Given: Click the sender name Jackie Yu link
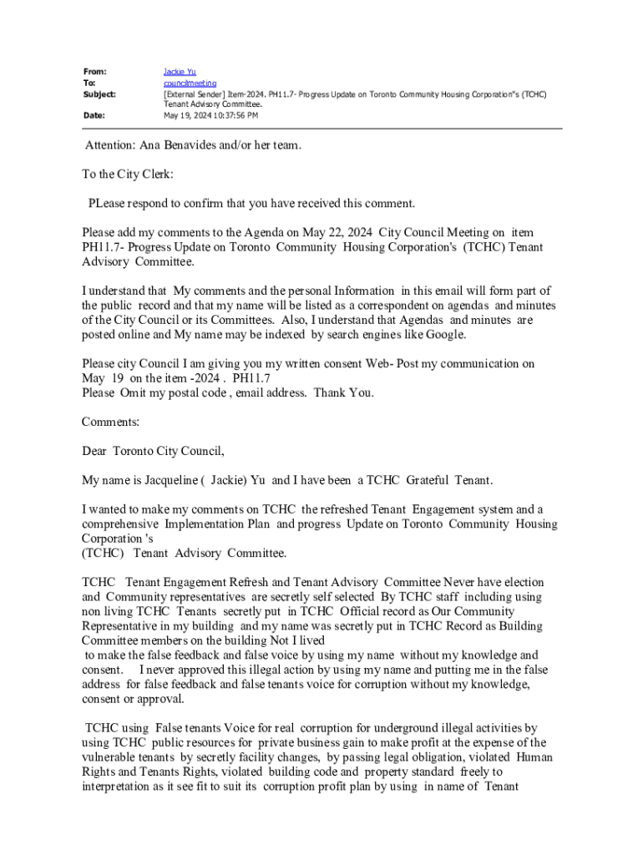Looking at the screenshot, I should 180,72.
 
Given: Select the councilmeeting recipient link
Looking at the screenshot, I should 190,83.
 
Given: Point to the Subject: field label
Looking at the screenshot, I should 99,94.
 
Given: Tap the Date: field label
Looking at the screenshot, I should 93,116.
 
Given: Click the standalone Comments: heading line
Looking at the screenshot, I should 110,422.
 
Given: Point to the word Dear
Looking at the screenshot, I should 94,452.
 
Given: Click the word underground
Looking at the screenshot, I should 401,728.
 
